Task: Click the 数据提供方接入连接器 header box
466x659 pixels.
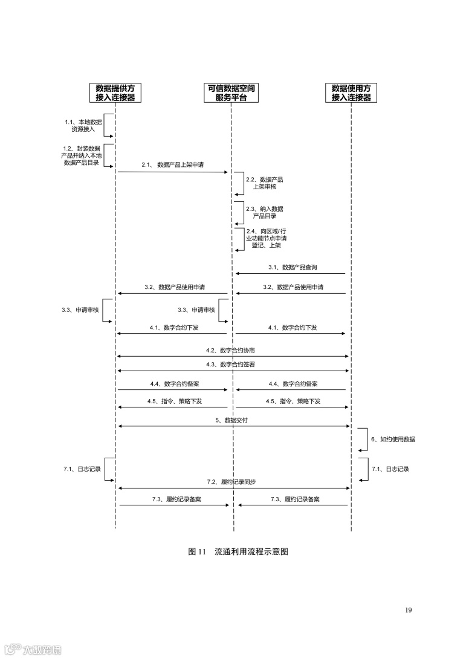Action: (115, 93)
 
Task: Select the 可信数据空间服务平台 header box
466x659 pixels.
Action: (231, 93)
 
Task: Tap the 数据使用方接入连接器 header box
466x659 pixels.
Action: (351, 93)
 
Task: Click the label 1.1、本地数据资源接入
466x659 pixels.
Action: (83, 126)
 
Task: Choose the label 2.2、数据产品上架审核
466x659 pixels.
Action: (264, 183)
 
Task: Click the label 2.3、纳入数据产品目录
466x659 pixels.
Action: (264, 212)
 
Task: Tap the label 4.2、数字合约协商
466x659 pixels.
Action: (233, 350)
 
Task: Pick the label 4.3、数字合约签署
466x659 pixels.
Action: (233, 364)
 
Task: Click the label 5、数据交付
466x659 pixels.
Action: (233, 420)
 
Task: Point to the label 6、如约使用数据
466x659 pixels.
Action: (393, 440)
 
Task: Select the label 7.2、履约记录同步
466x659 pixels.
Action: (233, 482)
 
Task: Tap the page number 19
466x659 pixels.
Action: (409, 610)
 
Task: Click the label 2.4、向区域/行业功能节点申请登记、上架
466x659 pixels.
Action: (266, 238)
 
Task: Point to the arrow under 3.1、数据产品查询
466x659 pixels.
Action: (290, 274)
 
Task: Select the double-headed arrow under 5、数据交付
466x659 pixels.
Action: (233, 427)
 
